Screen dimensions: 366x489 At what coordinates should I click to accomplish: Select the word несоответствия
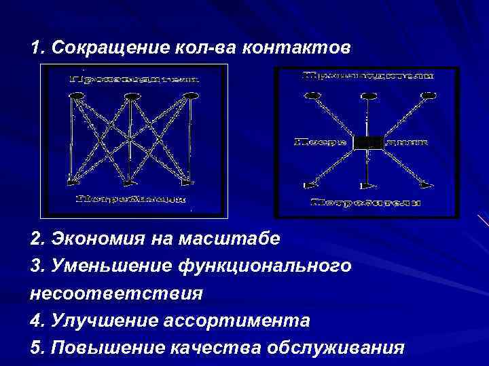[116, 293]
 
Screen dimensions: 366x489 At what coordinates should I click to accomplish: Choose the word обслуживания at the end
[338, 348]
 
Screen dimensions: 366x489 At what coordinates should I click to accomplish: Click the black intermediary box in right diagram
[367, 142]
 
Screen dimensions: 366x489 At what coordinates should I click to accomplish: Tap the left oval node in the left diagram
[77, 96]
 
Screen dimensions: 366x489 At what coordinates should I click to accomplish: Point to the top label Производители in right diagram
[367, 76]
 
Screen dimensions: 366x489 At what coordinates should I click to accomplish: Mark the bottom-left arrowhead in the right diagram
[310, 184]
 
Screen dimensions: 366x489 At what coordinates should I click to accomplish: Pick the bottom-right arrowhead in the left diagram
[186, 182]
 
